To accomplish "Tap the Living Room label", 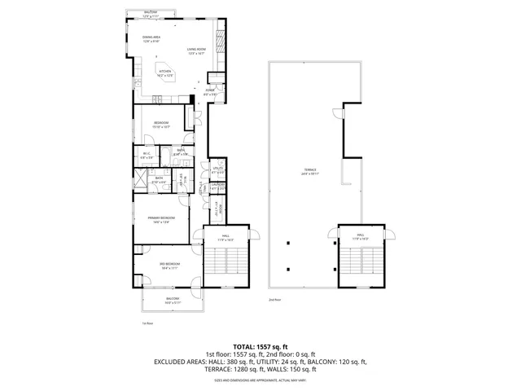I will [x=196, y=51].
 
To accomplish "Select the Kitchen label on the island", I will [x=166, y=72].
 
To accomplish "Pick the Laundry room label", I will [x=217, y=187].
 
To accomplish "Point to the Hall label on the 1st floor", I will [x=224, y=238].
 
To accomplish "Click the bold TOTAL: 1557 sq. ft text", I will [x=260, y=346].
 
